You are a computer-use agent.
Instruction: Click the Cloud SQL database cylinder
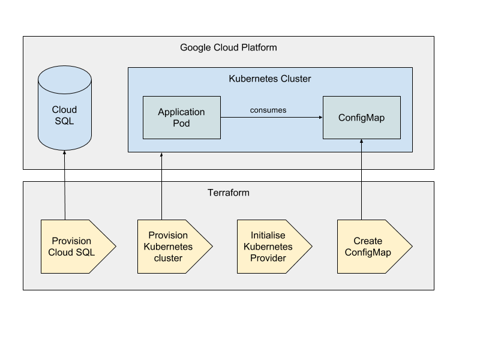(65, 108)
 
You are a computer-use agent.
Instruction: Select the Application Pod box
(182, 118)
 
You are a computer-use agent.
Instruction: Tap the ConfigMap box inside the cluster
(362, 118)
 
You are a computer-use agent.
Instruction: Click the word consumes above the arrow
(268, 110)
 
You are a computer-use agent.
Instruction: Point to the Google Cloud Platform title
(229, 47)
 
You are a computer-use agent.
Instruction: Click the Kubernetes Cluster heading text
(269, 79)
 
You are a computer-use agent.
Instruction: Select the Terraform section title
(229, 193)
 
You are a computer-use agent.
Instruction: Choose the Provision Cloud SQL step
(79, 247)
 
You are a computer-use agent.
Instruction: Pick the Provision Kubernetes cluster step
(175, 247)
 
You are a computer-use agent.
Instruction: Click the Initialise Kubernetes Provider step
(275, 247)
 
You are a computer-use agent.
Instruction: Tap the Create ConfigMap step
(374, 247)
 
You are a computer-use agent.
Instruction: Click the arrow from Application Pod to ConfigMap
(272, 117)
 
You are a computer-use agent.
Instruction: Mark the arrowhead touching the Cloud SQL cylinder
(65, 152)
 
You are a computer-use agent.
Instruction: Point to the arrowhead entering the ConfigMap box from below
(362, 141)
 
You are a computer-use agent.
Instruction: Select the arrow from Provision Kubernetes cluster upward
(161, 186)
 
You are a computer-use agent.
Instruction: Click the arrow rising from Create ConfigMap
(362, 179)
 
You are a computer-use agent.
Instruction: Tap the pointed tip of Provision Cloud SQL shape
(116, 247)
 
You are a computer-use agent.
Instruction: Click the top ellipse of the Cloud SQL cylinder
(65, 80)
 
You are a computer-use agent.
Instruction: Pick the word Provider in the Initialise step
(268, 258)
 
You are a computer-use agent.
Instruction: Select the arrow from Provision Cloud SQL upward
(65, 185)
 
